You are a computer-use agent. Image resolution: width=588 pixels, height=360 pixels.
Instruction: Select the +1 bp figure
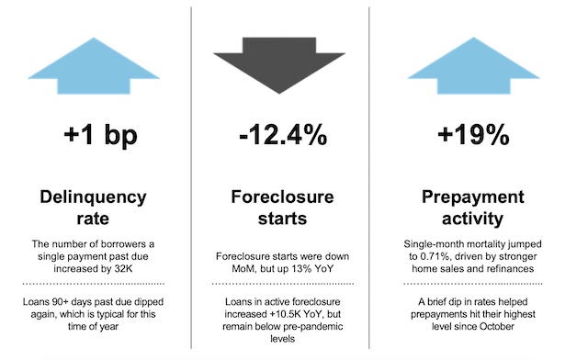101,137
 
